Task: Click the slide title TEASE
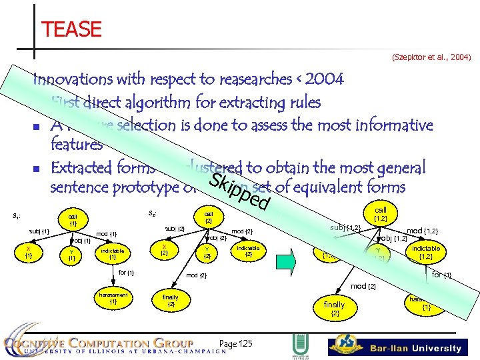pos(71,29)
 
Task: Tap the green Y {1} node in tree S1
pos(71,254)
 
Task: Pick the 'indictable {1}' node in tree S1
pos(112,254)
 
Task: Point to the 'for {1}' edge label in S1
pos(126,272)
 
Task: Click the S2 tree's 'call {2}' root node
pos(208,216)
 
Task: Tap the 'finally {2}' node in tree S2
pos(171,301)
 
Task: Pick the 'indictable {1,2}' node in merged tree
pos(425,252)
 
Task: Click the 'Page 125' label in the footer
pos(236,343)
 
